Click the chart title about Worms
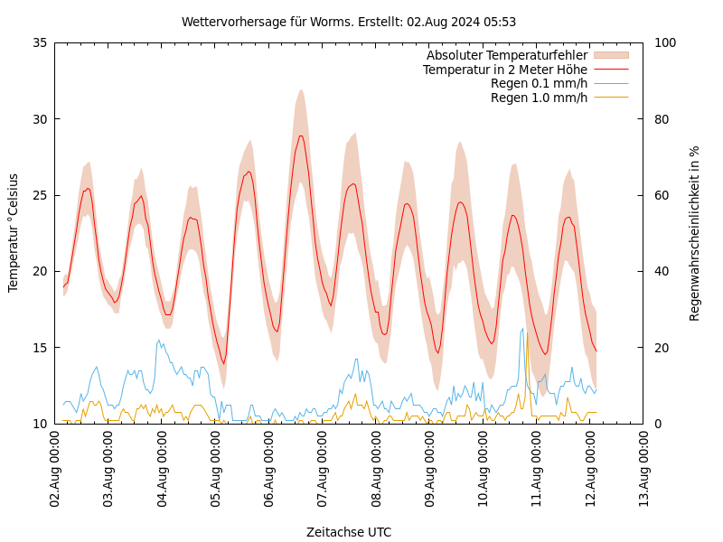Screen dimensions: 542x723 coord(349,22)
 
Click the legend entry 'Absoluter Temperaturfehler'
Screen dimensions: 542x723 coord(506,55)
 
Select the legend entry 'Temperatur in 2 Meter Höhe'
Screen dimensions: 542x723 coord(504,70)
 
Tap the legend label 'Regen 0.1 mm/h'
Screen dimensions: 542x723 coord(539,83)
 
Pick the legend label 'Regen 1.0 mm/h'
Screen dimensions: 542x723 coord(539,98)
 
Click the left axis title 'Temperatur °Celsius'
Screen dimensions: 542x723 coord(14,232)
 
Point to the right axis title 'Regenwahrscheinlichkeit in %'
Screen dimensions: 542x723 coord(694,233)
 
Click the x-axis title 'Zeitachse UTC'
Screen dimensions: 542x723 coord(349,532)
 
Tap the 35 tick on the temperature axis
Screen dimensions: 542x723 coord(40,42)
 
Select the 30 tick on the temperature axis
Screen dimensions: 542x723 coord(40,118)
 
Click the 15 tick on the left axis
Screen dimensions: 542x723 coord(40,347)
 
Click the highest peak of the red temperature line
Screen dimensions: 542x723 coord(301,135)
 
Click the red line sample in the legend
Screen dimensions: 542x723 coord(611,70)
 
